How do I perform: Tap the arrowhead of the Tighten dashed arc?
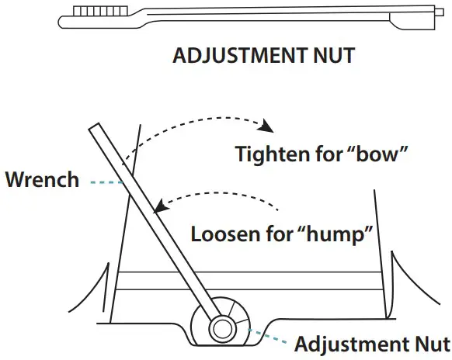pyautogui.click(x=269, y=126)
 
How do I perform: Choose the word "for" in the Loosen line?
pyautogui.click(x=281, y=232)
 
